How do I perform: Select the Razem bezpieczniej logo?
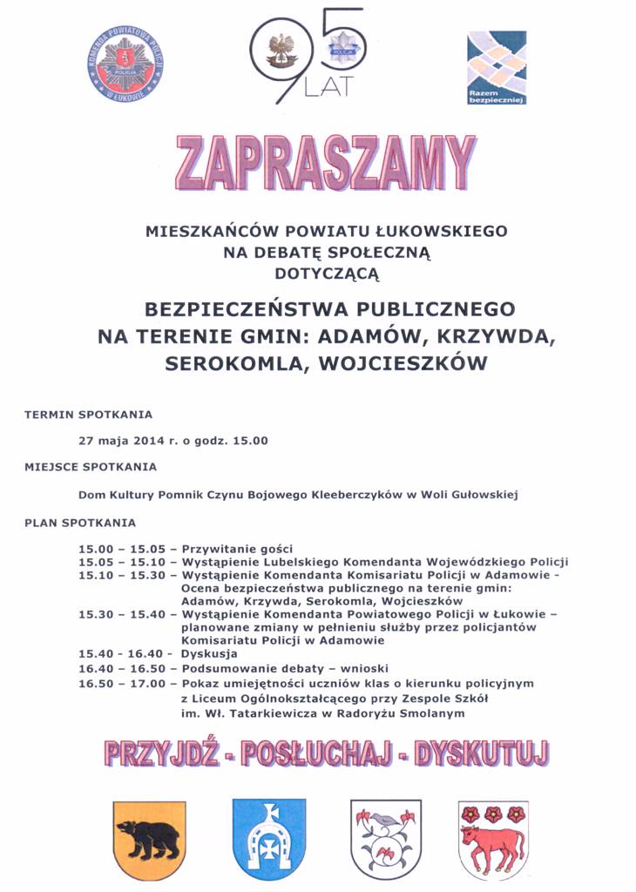pyautogui.click(x=497, y=68)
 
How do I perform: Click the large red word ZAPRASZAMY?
pyautogui.click(x=326, y=163)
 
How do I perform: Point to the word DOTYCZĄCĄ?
pyautogui.click(x=327, y=274)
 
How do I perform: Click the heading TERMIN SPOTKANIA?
pyautogui.click(x=88, y=414)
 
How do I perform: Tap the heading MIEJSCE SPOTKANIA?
pyautogui.click(x=91, y=467)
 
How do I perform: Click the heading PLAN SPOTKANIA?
pyautogui.click(x=80, y=523)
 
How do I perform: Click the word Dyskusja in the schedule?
pyautogui.click(x=209, y=653)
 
